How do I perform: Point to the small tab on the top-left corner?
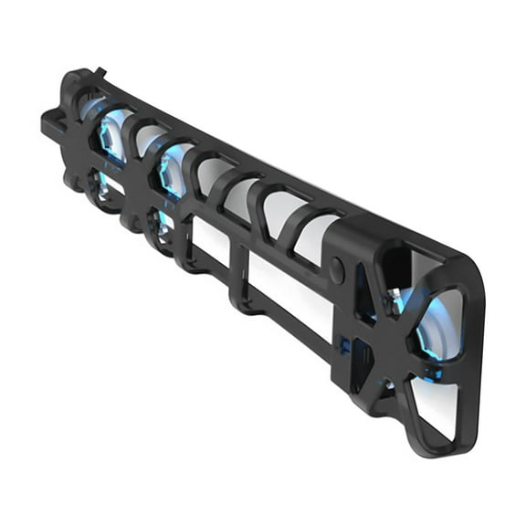(99, 73)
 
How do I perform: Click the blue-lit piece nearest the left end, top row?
(114, 134)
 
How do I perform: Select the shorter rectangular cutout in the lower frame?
(210, 245)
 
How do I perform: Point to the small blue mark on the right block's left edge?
(344, 344)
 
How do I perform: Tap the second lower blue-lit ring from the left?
(161, 225)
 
